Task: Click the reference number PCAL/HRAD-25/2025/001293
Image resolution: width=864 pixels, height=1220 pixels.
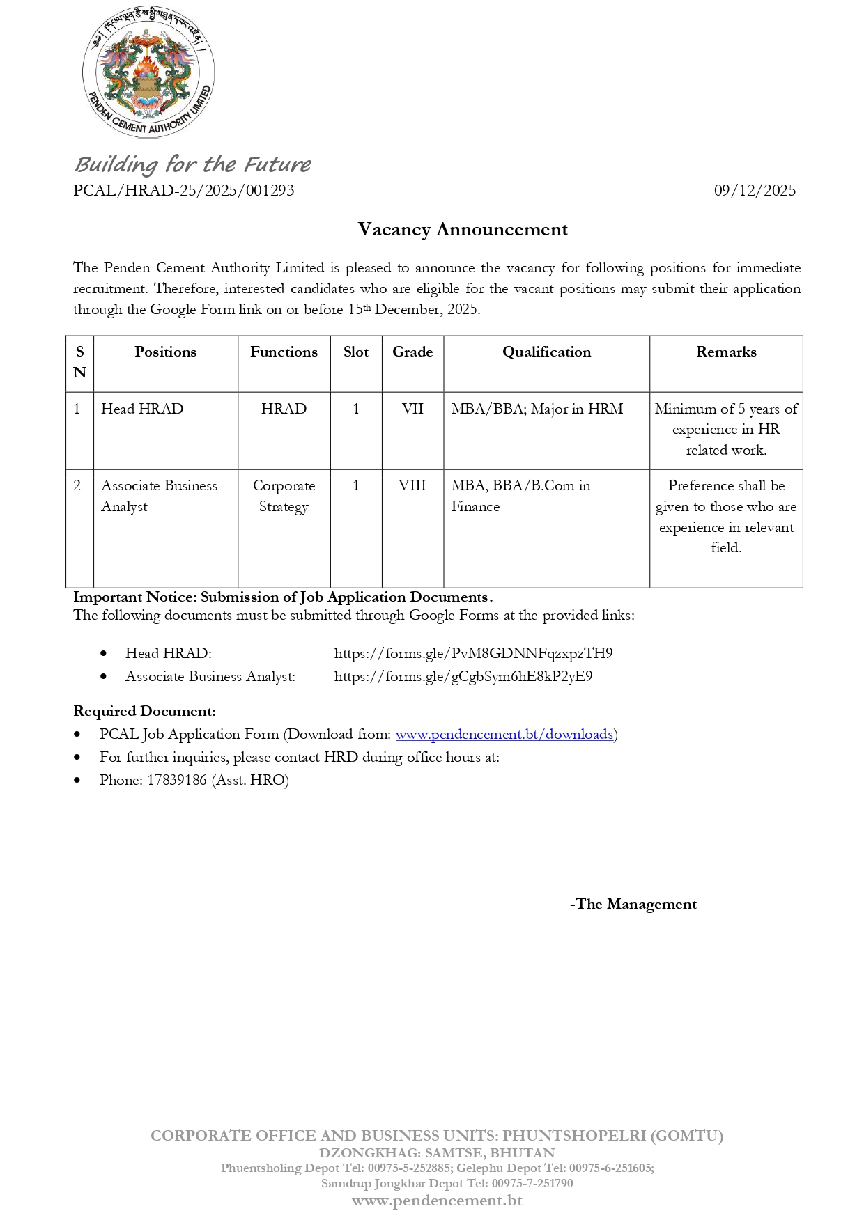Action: pyautogui.click(x=184, y=190)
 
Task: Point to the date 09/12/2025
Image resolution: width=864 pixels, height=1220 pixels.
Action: pyautogui.click(x=755, y=190)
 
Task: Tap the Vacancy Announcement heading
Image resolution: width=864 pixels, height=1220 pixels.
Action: pyautogui.click(x=463, y=229)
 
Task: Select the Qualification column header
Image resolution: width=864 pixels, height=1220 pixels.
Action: pyautogui.click(x=546, y=352)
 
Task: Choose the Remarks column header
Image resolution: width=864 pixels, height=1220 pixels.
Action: pyautogui.click(x=726, y=352)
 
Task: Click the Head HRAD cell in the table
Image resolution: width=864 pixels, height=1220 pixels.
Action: pyautogui.click(x=142, y=409)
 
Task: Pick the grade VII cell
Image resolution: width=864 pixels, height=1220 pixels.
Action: pyautogui.click(x=412, y=409)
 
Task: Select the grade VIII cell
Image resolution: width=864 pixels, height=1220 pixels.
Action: pyautogui.click(x=412, y=485)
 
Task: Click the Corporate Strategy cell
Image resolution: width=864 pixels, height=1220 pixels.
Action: pyautogui.click(x=284, y=496)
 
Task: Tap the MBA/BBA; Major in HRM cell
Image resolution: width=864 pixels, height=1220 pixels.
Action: pyautogui.click(x=537, y=409)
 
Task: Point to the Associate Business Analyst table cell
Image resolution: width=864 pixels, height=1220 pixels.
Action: pyautogui.click(x=159, y=496)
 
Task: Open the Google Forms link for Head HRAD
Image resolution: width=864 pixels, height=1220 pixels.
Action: pyautogui.click(x=473, y=653)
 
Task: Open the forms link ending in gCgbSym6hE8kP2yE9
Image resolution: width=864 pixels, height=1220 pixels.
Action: pyautogui.click(x=463, y=676)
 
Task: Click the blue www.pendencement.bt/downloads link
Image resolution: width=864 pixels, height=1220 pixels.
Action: pyautogui.click(x=504, y=734)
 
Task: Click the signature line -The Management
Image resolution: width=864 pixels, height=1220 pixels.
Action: pyautogui.click(x=633, y=904)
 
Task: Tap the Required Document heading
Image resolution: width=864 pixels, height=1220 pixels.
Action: pyautogui.click(x=145, y=711)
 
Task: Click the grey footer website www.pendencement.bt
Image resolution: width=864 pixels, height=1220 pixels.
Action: pyautogui.click(x=437, y=1201)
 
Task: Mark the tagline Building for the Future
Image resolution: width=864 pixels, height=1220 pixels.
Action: pyautogui.click(x=192, y=164)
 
